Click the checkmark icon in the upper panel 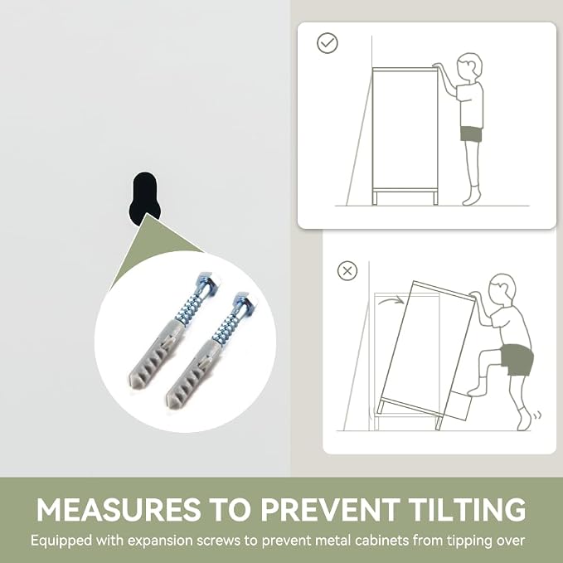(327, 43)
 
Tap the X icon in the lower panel (347, 271)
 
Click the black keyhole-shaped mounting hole (144, 197)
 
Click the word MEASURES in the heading (119, 509)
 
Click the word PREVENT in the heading (329, 509)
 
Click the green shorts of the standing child (471, 133)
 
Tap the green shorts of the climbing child (517, 360)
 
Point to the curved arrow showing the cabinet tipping (391, 301)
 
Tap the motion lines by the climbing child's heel (537, 415)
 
